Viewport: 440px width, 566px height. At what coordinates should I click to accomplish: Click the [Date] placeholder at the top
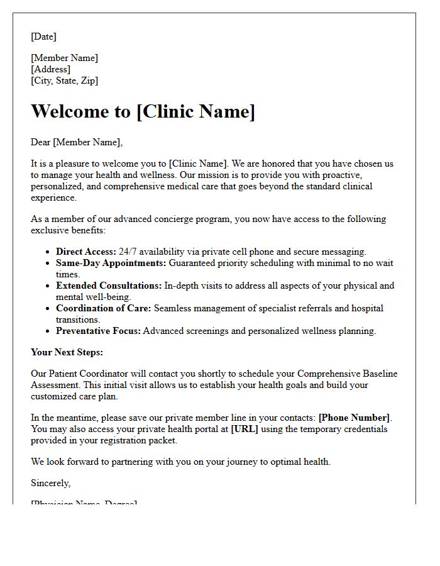click(43, 36)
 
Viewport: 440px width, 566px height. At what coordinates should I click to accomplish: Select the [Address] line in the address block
click(50, 69)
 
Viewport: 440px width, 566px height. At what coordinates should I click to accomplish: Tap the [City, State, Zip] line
click(64, 80)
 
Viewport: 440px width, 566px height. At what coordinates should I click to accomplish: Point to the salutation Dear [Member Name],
click(77, 142)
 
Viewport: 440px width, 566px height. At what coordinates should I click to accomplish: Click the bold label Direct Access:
click(86, 252)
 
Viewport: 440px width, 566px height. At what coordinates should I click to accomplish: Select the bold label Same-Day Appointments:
click(111, 263)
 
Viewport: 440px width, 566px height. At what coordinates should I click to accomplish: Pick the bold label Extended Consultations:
click(109, 286)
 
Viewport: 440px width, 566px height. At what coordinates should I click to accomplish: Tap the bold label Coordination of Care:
click(104, 308)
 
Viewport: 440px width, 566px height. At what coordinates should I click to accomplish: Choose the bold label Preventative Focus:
click(99, 331)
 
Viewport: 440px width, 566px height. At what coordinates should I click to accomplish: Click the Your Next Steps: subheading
click(67, 352)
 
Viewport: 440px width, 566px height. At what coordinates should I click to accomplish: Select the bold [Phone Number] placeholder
click(355, 418)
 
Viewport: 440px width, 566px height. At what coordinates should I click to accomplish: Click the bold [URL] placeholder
click(245, 429)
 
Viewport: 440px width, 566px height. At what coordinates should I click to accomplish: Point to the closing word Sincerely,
click(51, 483)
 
